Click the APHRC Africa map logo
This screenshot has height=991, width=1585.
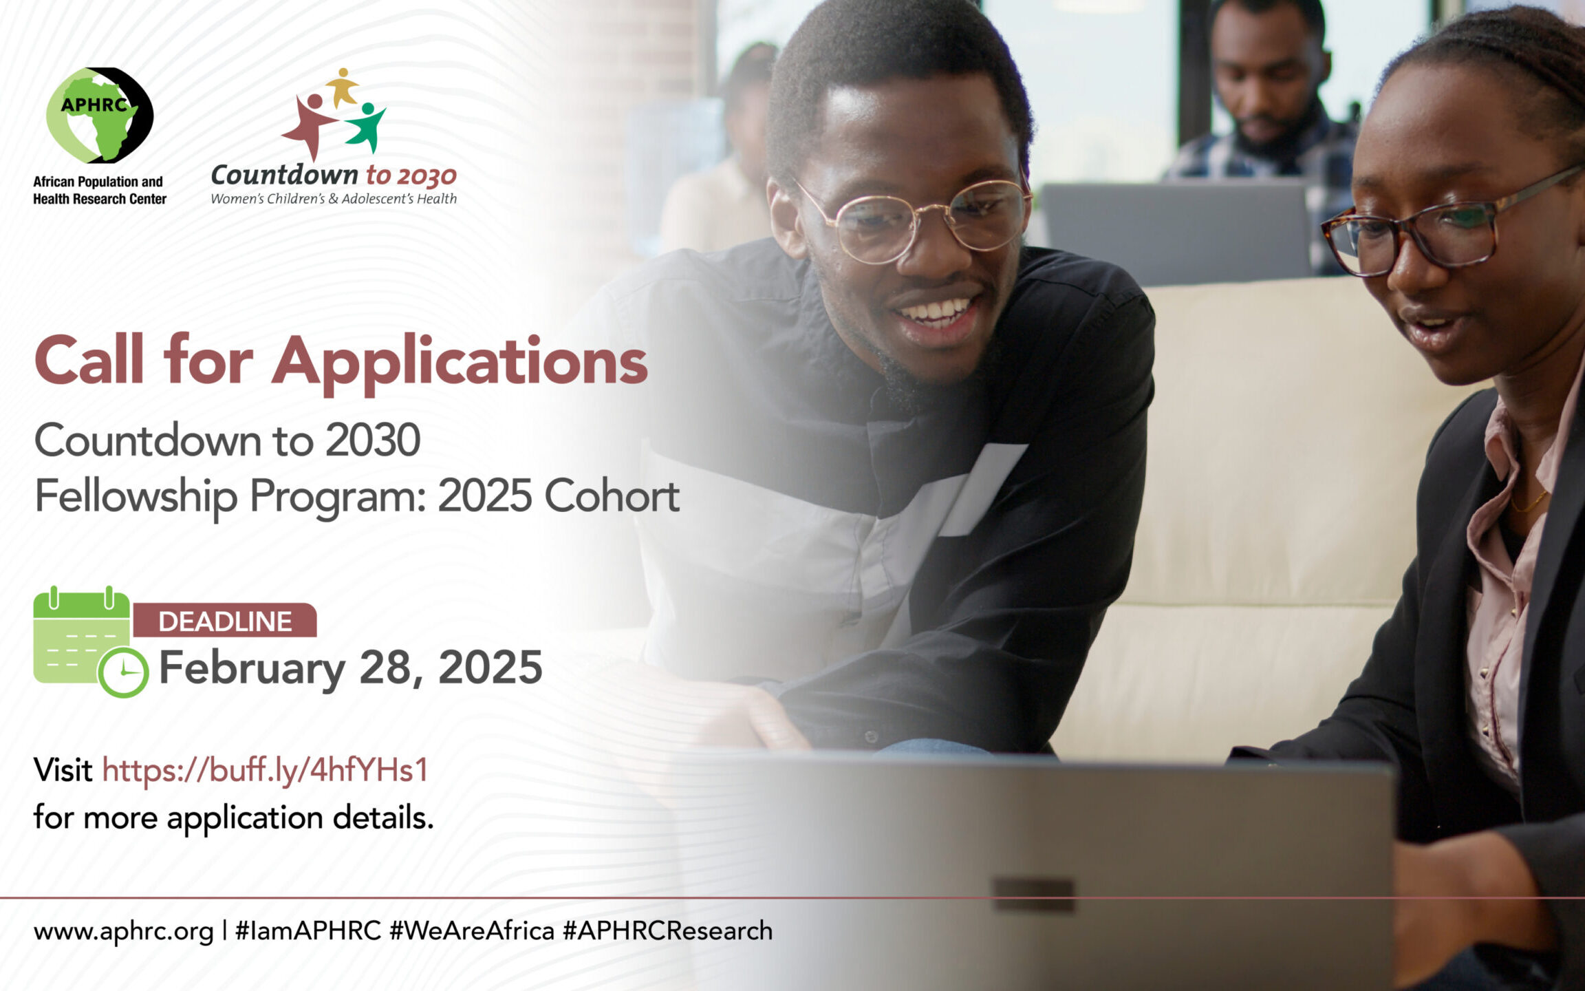tap(100, 115)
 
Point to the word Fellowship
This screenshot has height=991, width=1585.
tap(136, 496)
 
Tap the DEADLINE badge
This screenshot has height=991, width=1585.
tap(225, 621)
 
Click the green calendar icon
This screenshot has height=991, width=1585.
tap(90, 641)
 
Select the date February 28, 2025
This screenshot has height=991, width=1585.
tap(351, 668)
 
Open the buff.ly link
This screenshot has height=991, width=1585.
tap(266, 770)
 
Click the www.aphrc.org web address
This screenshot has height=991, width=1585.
tap(124, 931)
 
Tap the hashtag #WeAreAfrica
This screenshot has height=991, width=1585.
tap(472, 930)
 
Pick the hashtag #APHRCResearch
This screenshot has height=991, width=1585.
tap(668, 930)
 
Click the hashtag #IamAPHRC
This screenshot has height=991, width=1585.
tap(308, 930)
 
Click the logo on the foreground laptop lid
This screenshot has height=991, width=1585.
tap(1033, 895)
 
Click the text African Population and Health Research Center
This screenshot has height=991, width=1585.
tap(100, 191)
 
